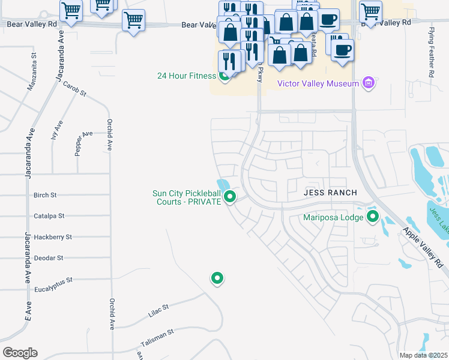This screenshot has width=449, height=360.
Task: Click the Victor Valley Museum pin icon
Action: [x=369, y=83]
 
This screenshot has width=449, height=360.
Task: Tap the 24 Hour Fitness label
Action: [x=186, y=76]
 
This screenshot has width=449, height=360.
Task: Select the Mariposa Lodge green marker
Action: [x=373, y=217]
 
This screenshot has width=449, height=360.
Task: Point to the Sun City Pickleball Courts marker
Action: [x=229, y=196]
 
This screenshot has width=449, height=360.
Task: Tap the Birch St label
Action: [x=45, y=195]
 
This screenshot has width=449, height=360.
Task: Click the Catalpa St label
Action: [x=49, y=215]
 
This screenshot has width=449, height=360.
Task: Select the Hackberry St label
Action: [x=53, y=237]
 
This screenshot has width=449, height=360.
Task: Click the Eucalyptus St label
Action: [x=53, y=280]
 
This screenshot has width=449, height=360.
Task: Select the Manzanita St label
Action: [x=32, y=71]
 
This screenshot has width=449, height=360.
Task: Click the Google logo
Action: [x=20, y=353]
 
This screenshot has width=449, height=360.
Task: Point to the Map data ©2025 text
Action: [x=423, y=355]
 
